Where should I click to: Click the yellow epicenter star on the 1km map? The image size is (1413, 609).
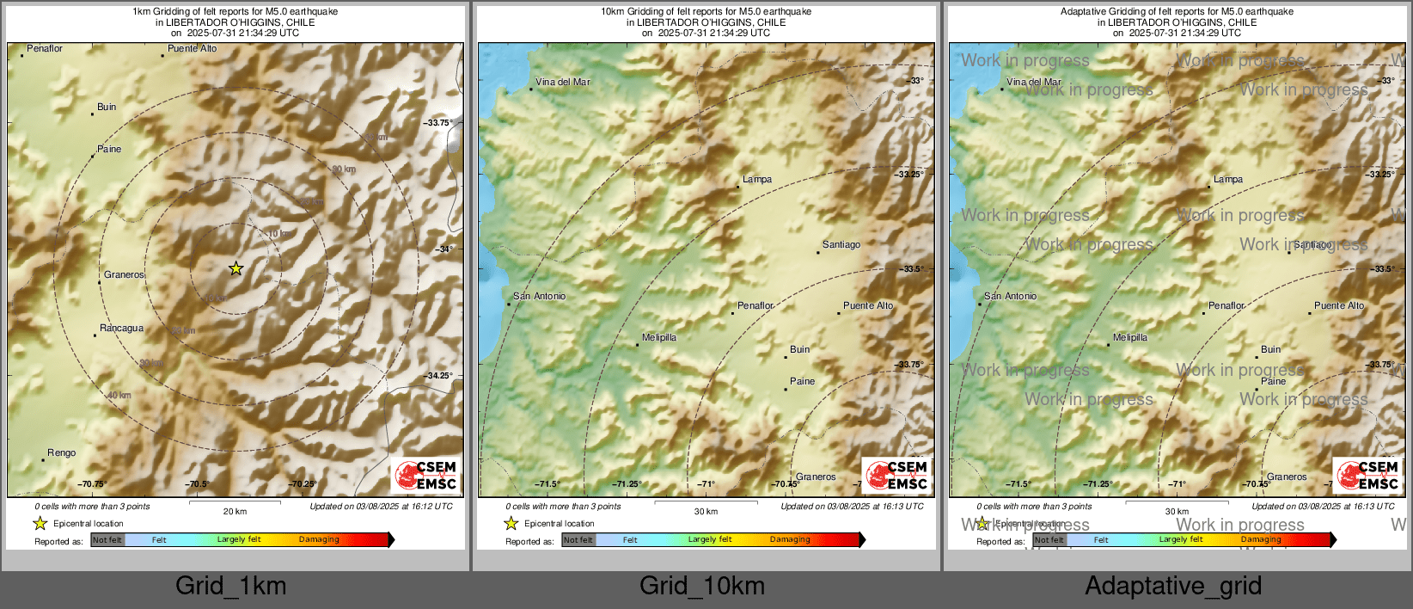tap(235, 268)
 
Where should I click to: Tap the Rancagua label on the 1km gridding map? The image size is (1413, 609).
tap(121, 328)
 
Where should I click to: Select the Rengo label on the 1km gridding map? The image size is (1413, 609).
tap(61, 452)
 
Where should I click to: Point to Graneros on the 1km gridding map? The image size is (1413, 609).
tap(124, 274)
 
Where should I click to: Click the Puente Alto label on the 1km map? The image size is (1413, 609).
tap(192, 48)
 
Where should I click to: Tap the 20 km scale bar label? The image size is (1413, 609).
tap(235, 511)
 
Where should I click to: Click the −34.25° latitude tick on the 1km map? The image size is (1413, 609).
tap(439, 375)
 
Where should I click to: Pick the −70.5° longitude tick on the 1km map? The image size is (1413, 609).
tap(198, 483)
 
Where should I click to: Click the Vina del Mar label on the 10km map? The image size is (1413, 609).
tap(562, 82)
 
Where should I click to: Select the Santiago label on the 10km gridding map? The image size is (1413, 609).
tap(841, 244)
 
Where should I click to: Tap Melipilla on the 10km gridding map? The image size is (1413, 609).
tap(659, 337)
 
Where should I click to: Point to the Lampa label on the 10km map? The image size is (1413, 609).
tap(757, 179)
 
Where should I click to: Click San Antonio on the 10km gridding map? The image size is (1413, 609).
tap(539, 296)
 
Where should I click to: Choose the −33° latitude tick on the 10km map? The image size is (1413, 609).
tap(915, 80)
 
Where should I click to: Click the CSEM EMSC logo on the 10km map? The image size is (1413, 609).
tap(896, 475)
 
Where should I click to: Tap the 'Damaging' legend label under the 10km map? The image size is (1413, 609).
tap(790, 539)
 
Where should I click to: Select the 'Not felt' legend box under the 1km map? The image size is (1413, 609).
tap(107, 539)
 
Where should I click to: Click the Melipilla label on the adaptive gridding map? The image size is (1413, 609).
tap(1129, 337)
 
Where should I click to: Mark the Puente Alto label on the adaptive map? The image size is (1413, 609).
tap(1338, 305)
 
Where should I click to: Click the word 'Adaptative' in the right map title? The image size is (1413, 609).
tap(1086, 11)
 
